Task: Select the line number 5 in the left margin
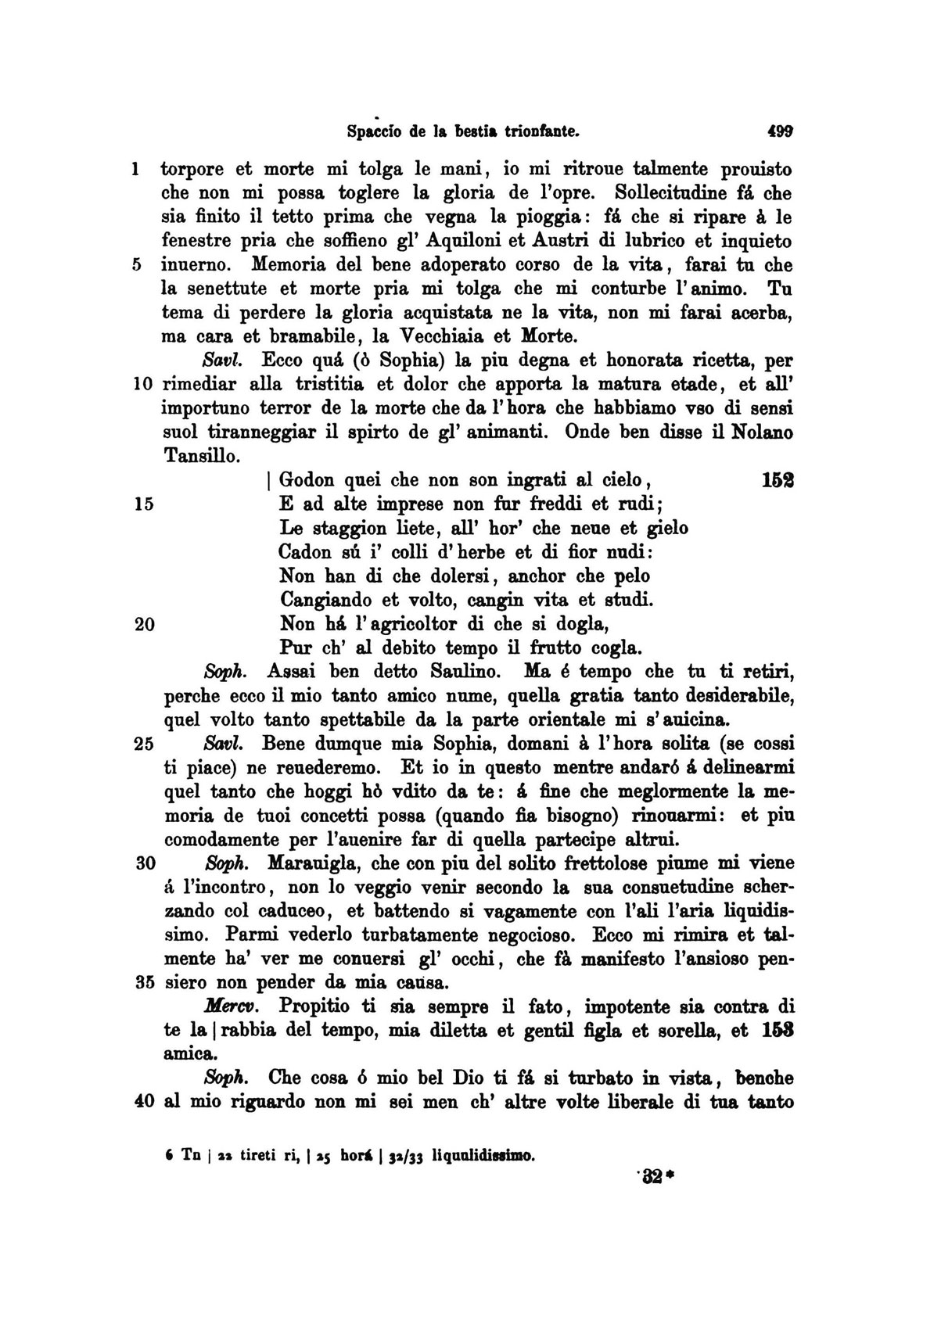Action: point(136,264)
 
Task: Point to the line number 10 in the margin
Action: point(142,385)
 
